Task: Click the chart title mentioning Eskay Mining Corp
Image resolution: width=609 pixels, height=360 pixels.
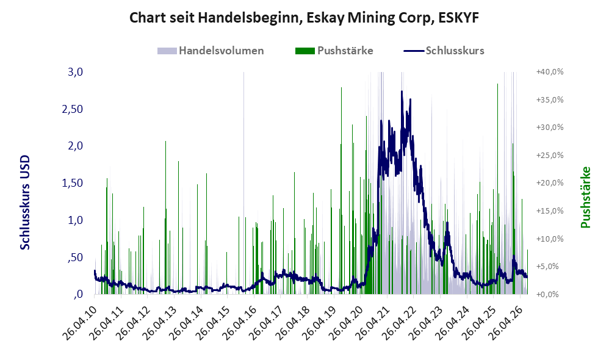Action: tap(304, 18)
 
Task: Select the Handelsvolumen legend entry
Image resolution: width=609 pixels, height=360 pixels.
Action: tap(211, 51)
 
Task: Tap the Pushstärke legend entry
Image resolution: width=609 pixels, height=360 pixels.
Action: tap(334, 51)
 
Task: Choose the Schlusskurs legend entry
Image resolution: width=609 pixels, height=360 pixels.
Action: tap(444, 51)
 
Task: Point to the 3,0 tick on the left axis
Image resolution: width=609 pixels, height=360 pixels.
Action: tap(75, 72)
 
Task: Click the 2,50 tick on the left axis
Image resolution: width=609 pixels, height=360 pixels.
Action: tap(73, 109)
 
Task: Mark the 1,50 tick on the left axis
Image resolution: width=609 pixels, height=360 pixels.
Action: tap(73, 183)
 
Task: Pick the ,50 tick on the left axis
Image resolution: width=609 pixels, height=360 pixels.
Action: tap(75, 257)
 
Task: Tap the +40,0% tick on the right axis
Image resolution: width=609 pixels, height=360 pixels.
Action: tap(550, 72)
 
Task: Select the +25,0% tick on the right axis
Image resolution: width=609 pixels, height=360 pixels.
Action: tap(550, 156)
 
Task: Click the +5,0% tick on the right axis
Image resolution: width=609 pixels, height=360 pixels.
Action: tap(552, 267)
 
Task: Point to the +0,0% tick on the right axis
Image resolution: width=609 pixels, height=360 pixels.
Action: tap(552, 294)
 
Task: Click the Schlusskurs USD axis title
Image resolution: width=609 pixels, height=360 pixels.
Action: tap(25, 203)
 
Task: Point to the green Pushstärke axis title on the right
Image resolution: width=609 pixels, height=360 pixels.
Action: tap(585, 197)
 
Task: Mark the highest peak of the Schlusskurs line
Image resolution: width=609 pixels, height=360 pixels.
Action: tap(402, 92)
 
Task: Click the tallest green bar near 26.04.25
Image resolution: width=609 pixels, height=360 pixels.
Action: tap(497, 189)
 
